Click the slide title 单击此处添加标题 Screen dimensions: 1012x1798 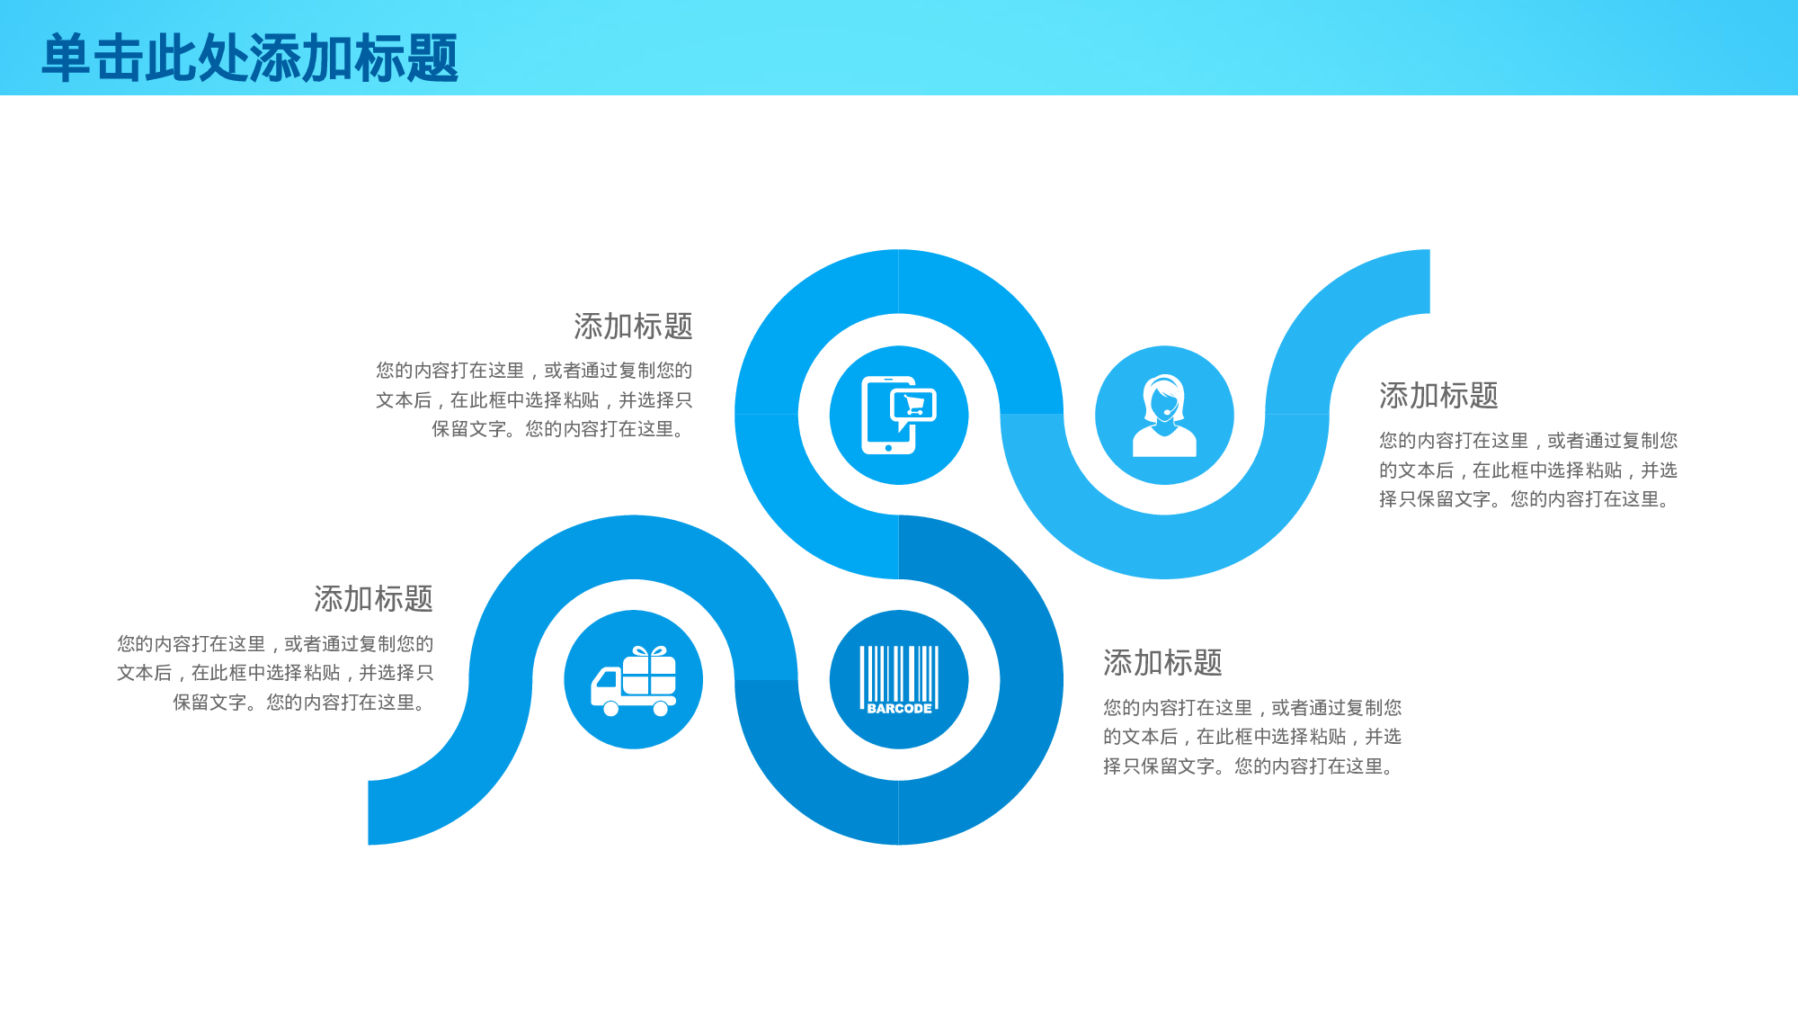pos(250,58)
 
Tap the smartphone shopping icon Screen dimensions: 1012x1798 pos(898,416)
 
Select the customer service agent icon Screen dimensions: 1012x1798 pos(1164,416)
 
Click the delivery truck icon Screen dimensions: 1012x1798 pos(634,681)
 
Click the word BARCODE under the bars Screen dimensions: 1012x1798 pos(899,709)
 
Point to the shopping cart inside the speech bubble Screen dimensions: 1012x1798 pos(914,405)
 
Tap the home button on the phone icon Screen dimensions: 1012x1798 pos(888,447)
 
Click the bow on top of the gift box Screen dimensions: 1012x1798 pos(649,651)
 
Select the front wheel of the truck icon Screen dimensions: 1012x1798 pos(611,709)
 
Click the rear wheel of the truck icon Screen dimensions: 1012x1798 pos(661,709)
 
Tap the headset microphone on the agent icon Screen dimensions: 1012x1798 pos(1166,413)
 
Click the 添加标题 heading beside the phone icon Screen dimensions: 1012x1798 pos(633,327)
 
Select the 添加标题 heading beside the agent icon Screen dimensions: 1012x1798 pos(1438,396)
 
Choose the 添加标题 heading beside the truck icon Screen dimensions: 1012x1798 pos(373,599)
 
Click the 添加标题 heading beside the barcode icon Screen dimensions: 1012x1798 pos(1162,663)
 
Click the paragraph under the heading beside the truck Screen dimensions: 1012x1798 pos(275,673)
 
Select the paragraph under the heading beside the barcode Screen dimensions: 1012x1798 pos(1252,737)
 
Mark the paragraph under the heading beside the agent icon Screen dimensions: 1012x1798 pos(1528,470)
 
